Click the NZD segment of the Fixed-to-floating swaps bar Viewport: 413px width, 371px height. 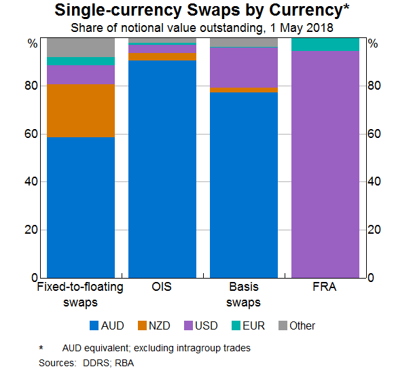pos(81,111)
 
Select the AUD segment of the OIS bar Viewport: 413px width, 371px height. pos(162,169)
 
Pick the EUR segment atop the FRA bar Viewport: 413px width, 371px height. pos(325,44)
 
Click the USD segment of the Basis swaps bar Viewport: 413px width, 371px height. pos(244,67)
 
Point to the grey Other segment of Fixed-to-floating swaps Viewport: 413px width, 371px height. pos(81,47)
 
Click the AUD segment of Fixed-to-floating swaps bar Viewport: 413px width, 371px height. pos(81,207)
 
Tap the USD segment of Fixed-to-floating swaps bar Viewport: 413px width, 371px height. pos(81,74)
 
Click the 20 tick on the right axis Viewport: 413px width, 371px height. pos(374,230)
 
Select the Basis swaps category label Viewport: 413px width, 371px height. pos(244,294)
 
